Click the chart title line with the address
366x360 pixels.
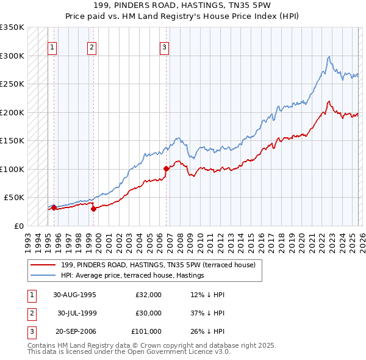(x=182, y=5)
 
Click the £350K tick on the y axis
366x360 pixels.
(x=12, y=27)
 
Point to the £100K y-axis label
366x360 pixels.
(x=12, y=169)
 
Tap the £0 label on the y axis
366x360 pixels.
(x=18, y=226)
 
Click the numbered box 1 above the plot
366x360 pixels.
(x=52, y=48)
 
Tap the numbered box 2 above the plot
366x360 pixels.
(x=91, y=48)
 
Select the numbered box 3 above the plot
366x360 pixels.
(x=165, y=48)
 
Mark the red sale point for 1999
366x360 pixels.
(x=94, y=209)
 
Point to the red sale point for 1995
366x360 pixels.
(x=54, y=207)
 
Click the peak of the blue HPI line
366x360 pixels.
(x=329, y=57)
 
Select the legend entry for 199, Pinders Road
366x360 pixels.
(x=162, y=265)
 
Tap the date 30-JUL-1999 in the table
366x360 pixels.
(x=76, y=313)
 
